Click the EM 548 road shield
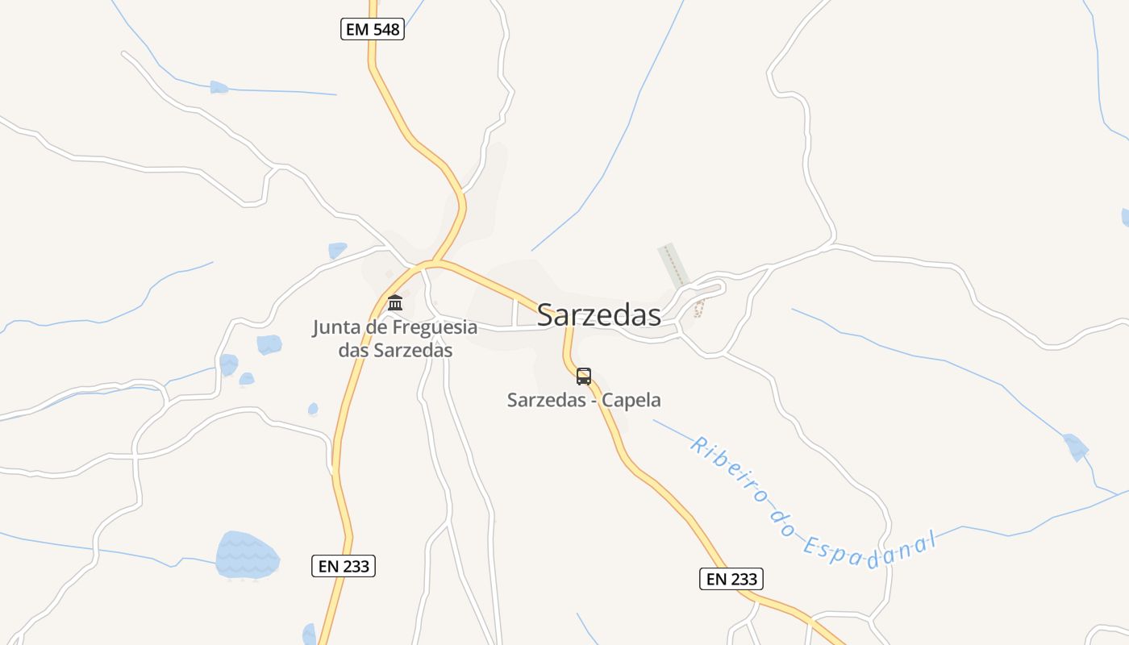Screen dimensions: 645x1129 pyautogui.click(x=371, y=30)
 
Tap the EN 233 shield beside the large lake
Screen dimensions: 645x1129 pyautogui.click(x=344, y=566)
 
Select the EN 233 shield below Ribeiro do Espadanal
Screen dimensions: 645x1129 pyautogui.click(x=731, y=579)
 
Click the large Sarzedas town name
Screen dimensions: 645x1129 pyautogui.click(x=598, y=315)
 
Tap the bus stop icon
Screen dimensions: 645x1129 pyautogui.click(x=584, y=377)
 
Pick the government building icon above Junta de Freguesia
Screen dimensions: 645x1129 pyautogui.click(x=395, y=303)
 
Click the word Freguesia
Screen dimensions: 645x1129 pyautogui.click(x=435, y=328)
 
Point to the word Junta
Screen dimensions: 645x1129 pyautogui.click(x=336, y=328)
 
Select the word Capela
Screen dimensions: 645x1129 pyautogui.click(x=635, y=400)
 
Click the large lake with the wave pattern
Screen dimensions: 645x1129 pyautogui.click(x=247, y=556)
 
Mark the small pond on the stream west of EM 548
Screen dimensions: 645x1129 pyautogui.click(x=219, y=87)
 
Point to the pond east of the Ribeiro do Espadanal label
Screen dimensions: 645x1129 pyautogui.click(x=1075, y=446)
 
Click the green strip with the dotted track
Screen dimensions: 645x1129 pyautogui.click(x=673, y=264)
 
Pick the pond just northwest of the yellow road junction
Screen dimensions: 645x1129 pyautogui.click(x=337, y=251)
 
